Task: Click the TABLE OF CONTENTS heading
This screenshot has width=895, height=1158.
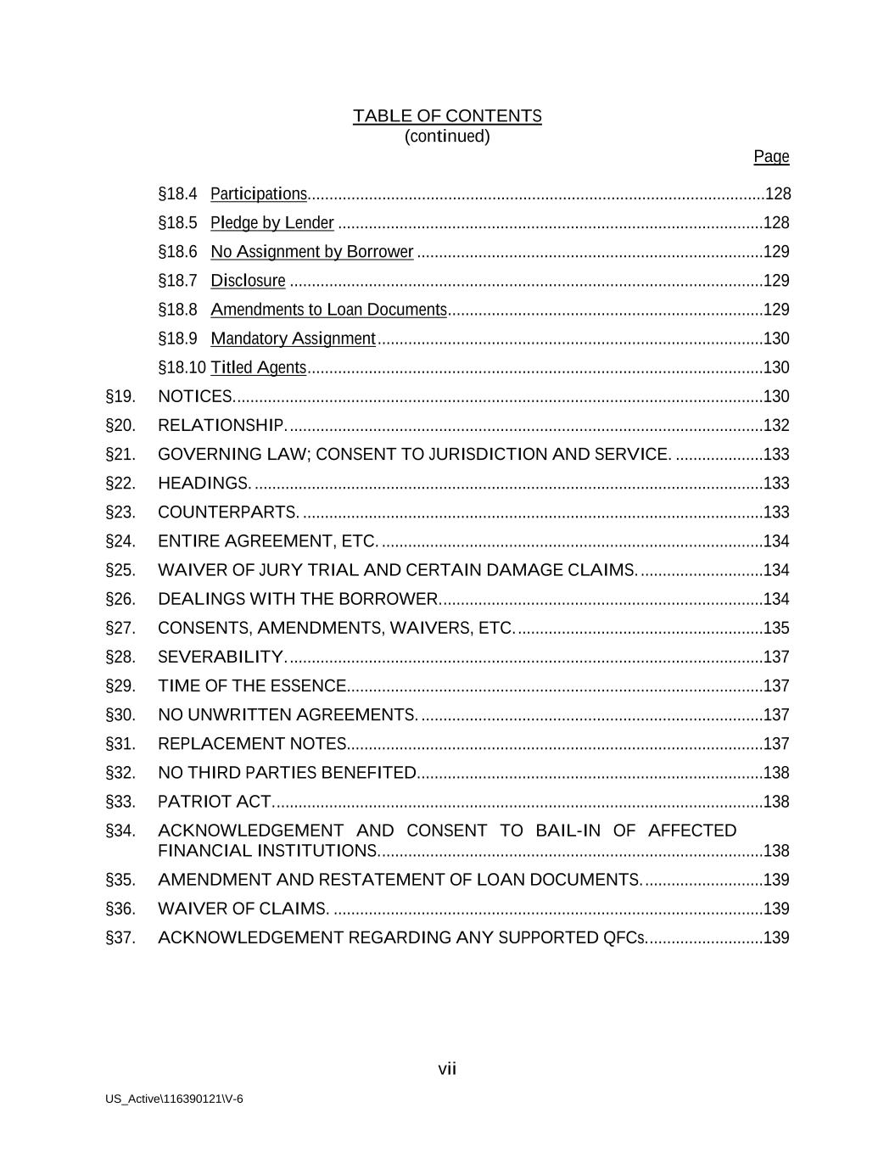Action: (447, 116)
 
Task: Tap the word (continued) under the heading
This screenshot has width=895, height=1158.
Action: (447, 137)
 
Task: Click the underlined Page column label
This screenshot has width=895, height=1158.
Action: (771, 157)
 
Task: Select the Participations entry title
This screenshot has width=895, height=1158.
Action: (259, 194)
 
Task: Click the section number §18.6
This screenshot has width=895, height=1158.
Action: (177, 252)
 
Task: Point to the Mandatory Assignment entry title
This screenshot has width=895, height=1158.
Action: (293, 338)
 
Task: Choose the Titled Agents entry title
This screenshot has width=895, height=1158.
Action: (259, 367)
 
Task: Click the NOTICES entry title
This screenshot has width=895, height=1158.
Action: (195, 396)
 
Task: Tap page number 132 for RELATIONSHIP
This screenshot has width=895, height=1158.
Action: (776, 425)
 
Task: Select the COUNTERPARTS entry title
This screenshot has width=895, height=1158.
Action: (227, 512)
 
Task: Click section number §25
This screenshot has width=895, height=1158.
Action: (120, 570)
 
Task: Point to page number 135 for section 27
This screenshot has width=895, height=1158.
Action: (776, 628)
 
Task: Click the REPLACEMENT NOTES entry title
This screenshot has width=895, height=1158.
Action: (252, 744)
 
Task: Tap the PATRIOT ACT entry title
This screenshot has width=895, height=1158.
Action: (214, 802)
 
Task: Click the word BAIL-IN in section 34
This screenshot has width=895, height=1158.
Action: (568, 831)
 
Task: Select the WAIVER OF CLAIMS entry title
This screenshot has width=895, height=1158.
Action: (243, 909)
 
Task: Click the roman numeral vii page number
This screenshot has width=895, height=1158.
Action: (447, 1069)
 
